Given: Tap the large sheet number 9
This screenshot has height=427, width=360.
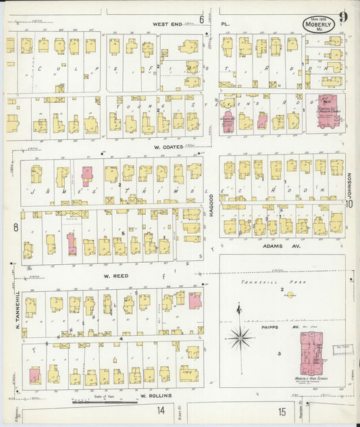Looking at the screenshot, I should click(343, 17).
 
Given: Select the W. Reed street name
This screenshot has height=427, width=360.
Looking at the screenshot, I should click(115, 276).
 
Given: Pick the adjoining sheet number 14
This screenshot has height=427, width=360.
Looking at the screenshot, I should click(161, 411).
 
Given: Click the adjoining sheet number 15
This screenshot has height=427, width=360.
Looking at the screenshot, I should click(281, 411).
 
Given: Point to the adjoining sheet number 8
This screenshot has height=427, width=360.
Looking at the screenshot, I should click(15, 227).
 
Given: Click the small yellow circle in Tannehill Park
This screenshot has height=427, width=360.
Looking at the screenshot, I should click(290, 295).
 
